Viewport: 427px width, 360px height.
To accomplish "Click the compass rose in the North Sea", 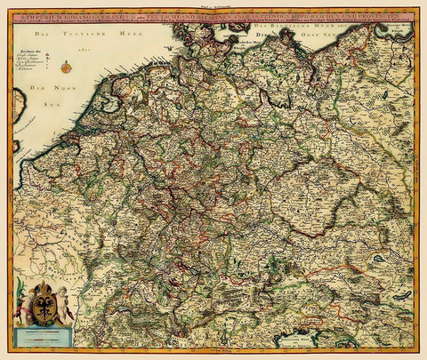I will (66, 66).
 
